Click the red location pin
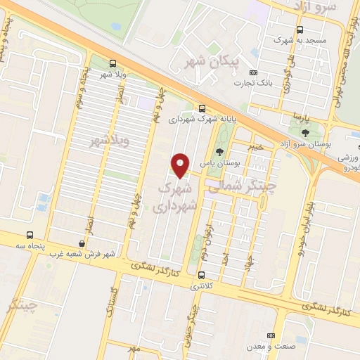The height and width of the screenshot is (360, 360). tap(181, 165)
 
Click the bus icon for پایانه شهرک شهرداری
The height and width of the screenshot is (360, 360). tap(202, 108)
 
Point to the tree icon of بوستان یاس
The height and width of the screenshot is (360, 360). tap(219, 152)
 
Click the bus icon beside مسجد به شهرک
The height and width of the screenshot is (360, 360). tap(300, 30)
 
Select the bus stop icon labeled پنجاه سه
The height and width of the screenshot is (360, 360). tap(30, 235)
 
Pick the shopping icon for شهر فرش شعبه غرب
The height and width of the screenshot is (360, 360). tap(83, 243)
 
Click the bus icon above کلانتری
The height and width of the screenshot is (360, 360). tap(202, 275)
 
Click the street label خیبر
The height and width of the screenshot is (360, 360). tap(255, 146)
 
